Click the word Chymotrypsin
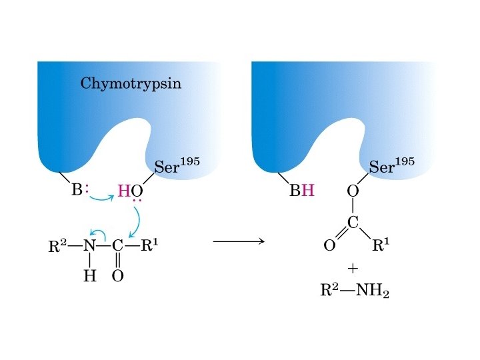pyautogui.click(x=131, y=85)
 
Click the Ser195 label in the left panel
pyautogui.click(x=177, y=166)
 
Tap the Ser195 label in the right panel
pyautogui.click(x=391, y=166)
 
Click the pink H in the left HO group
pyautogui.click(x=123, y=192)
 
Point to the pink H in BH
pyautogui.click(x=307, y=192)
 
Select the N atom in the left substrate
pyautogui.click(x=90, y=245)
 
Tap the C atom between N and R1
pyautogui.click(x=118, y=245)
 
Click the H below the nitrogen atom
pyautogui.click(x=89, y=276)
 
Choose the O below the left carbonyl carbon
pyautogui.click(x=118, y=276)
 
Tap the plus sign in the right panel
pyautogui.click(x=353, y=268)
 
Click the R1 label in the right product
pyautogui.click(x=381, y=245)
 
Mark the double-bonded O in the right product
pyautogui.click(x=329, y=246)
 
